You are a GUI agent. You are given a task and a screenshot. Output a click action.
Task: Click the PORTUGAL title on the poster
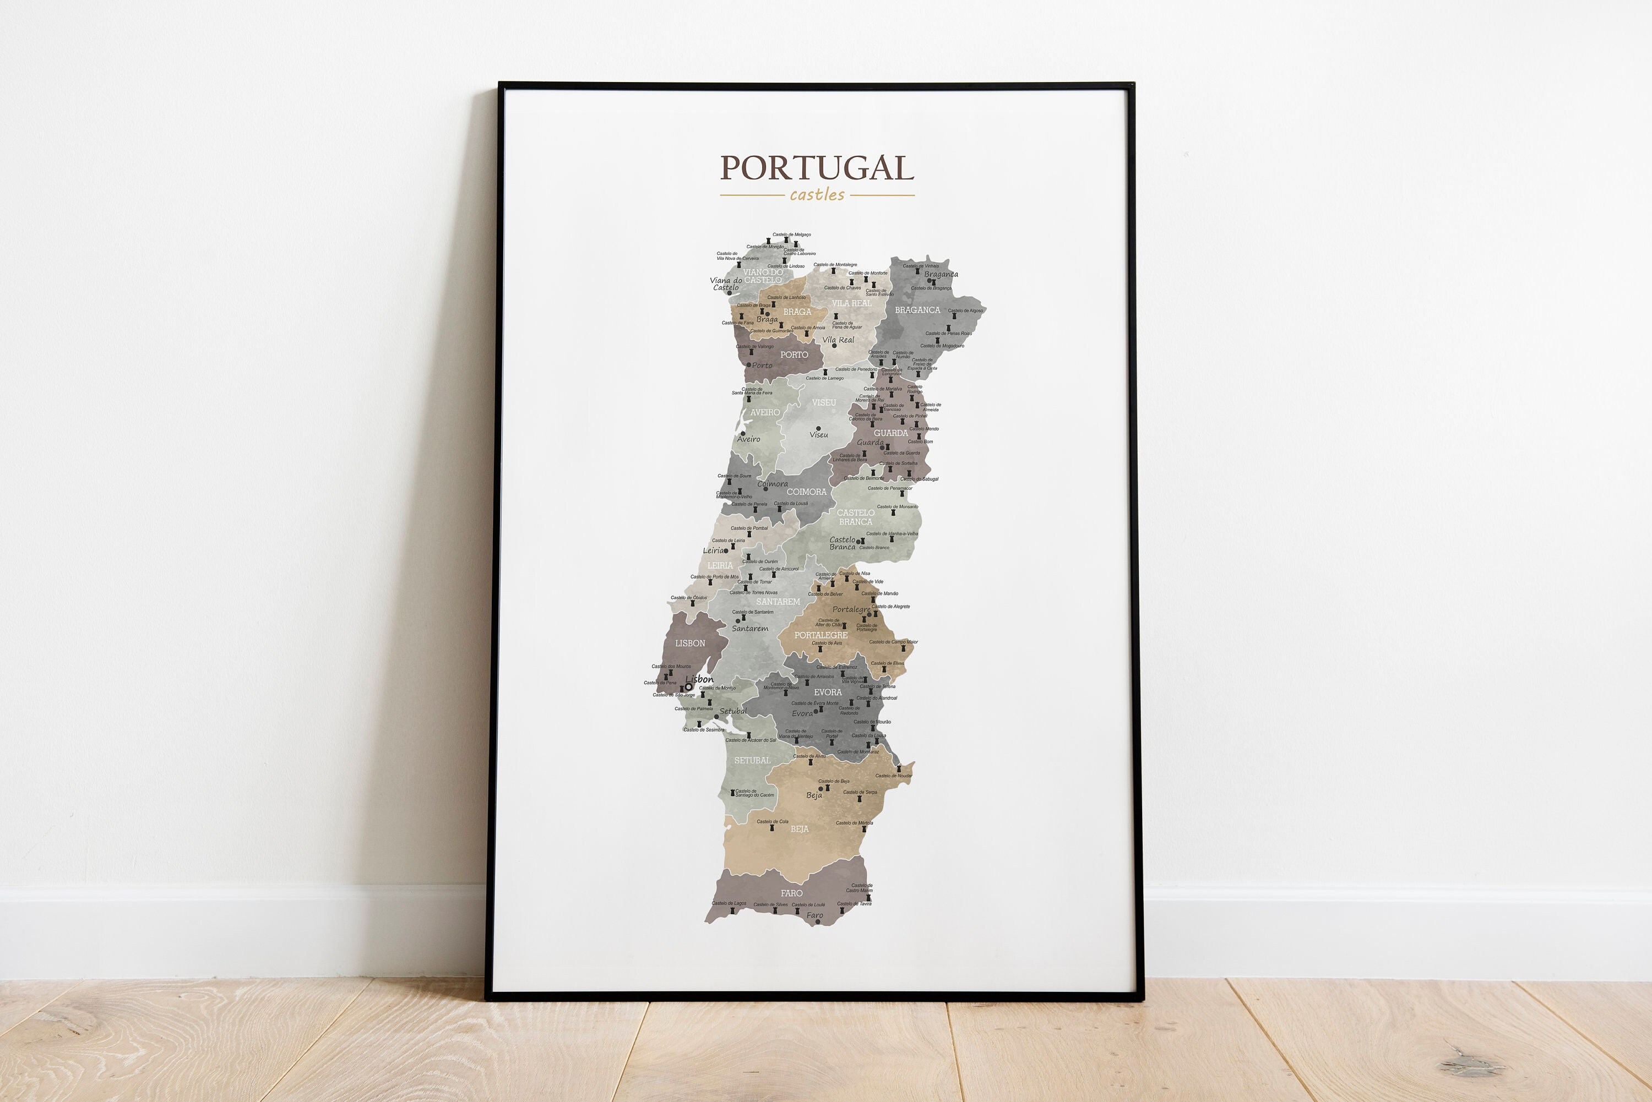point(817,168)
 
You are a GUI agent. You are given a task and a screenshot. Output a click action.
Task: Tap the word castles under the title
point(817,195)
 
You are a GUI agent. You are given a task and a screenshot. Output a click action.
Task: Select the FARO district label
point(791,893)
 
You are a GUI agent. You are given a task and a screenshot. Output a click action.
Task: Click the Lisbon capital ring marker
point(688,688)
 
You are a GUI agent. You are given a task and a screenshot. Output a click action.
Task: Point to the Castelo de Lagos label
point(729,903)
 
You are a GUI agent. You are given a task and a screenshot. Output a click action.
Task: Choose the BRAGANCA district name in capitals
point(917,310)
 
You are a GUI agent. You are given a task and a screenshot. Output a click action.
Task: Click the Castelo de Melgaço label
point(791,234)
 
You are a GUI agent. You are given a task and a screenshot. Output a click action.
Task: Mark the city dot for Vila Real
point(834,346)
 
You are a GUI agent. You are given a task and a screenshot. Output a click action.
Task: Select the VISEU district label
point(824,403)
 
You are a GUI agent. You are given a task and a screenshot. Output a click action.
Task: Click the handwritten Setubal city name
point(733,711)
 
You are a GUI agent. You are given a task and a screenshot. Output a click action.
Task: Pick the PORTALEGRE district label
point(820,635)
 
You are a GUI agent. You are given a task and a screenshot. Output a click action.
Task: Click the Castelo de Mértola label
point(855,823)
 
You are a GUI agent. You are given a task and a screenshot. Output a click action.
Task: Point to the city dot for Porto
point(748,365)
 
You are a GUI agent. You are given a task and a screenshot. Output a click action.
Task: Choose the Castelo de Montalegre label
point(835,265)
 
